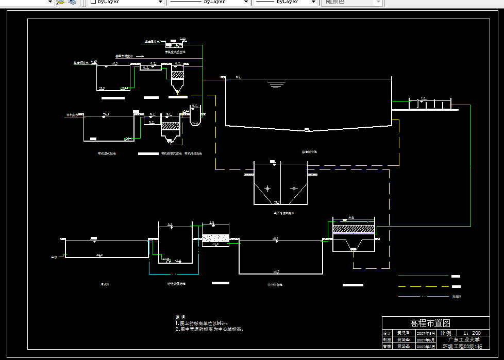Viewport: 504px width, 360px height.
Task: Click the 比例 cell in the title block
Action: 445,333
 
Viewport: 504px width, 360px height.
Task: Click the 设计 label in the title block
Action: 388,333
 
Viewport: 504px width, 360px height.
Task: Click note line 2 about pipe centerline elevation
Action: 209,329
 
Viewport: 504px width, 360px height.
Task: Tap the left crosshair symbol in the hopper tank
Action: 267,188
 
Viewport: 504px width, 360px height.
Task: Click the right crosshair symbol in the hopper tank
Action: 294,188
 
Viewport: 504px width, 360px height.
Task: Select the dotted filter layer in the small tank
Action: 215,238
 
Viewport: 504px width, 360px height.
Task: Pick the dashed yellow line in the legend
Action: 423,286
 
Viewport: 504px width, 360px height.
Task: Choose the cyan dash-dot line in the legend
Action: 423,296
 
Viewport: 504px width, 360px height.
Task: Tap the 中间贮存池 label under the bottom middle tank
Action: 275,284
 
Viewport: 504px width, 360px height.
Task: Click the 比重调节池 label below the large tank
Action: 309,152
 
